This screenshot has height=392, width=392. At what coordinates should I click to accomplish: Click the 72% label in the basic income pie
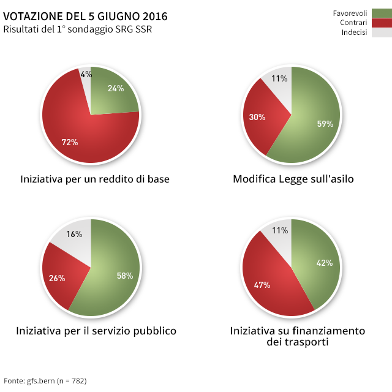70,142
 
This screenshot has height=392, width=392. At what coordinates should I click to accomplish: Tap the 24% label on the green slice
116,88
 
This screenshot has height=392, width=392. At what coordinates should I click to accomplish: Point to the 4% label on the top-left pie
86,75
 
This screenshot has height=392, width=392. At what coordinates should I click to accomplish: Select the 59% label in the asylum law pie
325,124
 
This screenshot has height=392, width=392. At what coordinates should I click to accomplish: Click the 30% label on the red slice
257,117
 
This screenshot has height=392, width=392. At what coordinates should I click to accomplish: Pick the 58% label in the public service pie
125,276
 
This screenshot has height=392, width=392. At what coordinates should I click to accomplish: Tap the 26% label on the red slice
57,278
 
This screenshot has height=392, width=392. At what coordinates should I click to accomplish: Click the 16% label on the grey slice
75,234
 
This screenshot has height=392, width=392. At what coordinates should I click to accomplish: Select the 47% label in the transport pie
262,285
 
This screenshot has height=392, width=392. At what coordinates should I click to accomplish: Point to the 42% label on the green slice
324,263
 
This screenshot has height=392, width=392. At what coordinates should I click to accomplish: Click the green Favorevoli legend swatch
381,13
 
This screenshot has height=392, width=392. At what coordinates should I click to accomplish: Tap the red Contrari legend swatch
381,23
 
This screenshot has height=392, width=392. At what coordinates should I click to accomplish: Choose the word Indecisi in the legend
354,33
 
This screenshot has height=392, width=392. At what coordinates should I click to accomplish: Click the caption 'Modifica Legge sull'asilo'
293,179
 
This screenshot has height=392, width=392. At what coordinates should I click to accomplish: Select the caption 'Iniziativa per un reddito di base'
95,179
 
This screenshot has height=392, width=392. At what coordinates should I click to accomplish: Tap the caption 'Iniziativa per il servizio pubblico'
96,331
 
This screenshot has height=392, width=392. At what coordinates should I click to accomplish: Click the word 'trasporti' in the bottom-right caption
306,342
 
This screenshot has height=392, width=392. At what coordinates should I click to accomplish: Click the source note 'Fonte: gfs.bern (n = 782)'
45,381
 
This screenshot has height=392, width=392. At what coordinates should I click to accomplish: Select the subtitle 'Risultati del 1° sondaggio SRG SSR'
77,29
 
